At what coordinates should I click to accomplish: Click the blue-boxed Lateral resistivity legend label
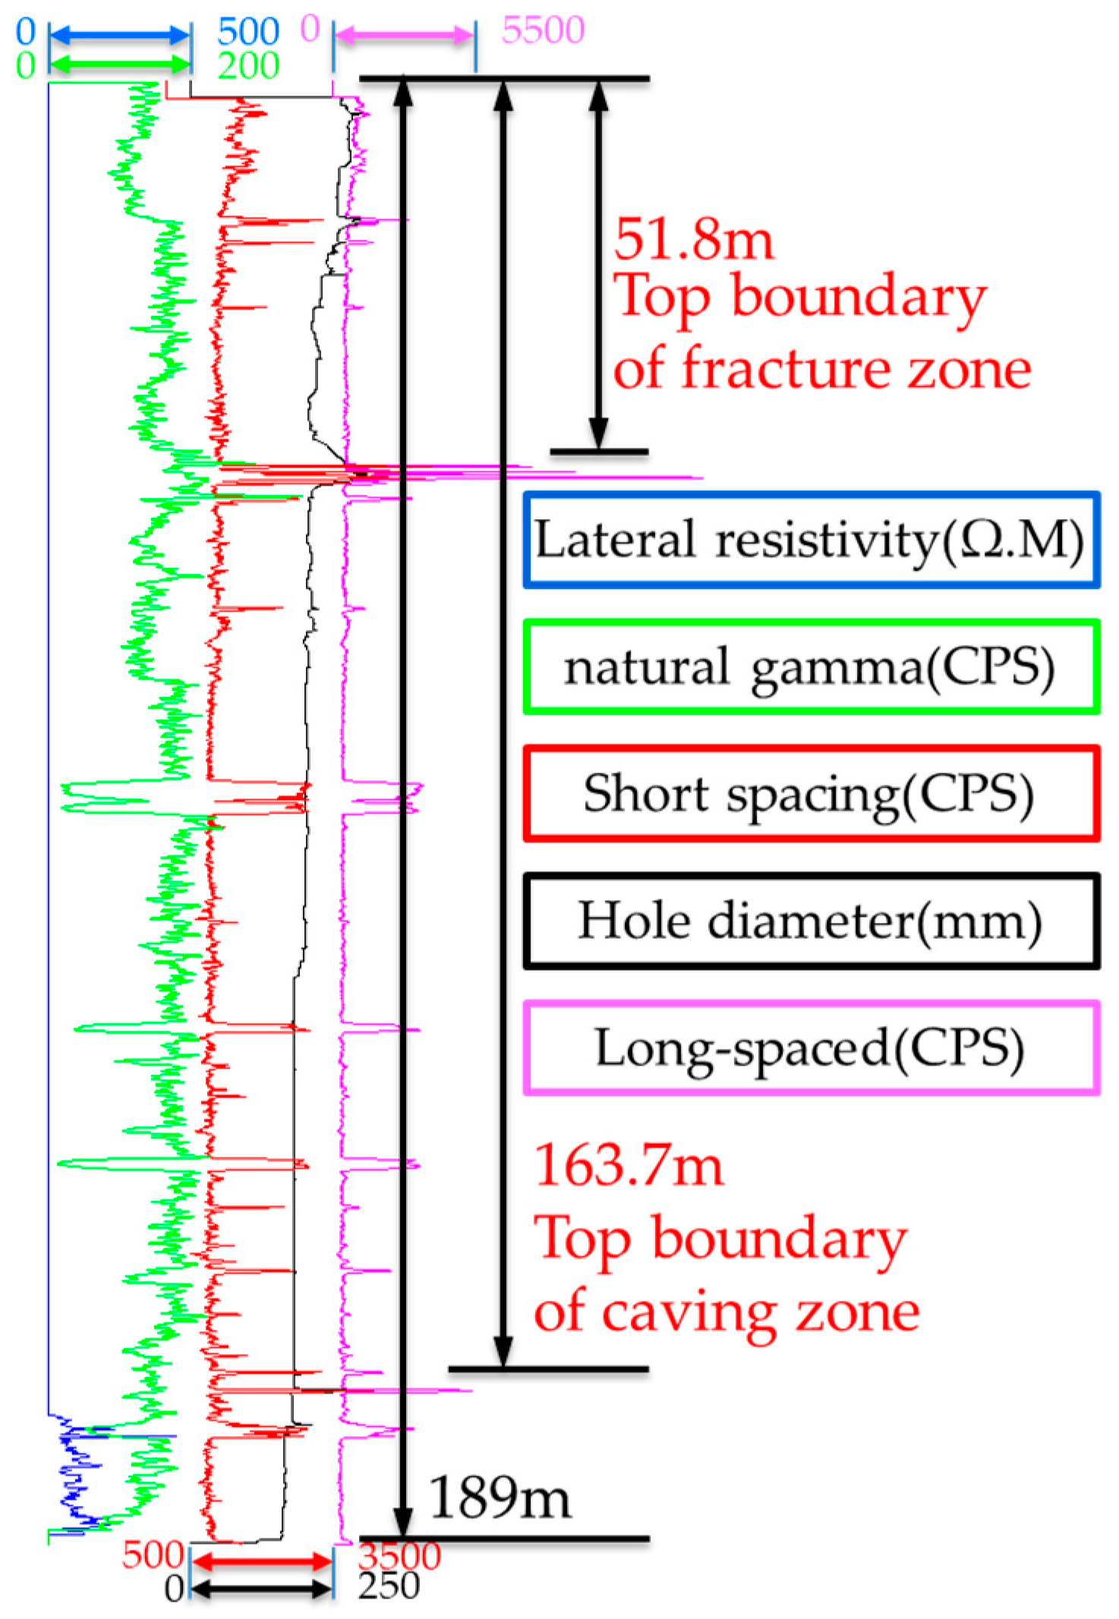(x=810, y=540)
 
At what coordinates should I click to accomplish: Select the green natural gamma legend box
(x=810, y=667)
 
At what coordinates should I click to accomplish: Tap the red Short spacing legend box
(x=810, y=794)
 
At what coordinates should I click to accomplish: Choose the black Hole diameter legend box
(x=810, y=921)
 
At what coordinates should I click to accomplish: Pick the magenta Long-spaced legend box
(x=810, y=1047)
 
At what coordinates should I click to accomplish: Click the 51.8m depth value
(x=693, y=240)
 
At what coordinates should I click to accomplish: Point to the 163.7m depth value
(x=629, y=1165)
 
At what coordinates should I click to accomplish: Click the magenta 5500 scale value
(x=543, y=30)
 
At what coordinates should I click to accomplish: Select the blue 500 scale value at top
(x=248, y=32)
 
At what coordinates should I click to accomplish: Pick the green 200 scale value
(x=248, y=66)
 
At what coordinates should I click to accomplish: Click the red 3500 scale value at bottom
(x=399, y=1555)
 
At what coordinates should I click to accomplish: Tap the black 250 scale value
(x=389, y=1586)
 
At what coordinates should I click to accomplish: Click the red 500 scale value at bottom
(x=152, y=1555)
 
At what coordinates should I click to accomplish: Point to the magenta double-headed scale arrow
(x=405, y=35)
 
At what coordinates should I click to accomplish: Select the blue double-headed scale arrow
(x=119, y=34)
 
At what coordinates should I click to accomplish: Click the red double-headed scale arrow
(x=261, y=1561)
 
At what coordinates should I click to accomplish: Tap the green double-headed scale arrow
(x=119, y=65)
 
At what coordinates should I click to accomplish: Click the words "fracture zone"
(x=856, y=370)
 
